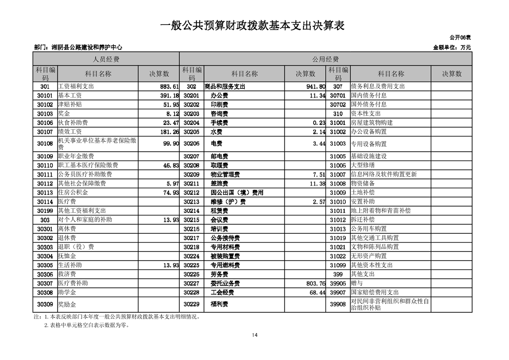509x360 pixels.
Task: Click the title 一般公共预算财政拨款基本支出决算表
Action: [x=253, y=25]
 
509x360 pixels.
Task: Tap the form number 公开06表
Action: [x=460, y=37]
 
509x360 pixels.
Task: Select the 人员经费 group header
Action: [x=106, y=59]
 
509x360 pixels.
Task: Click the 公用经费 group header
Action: [x=325, y=59]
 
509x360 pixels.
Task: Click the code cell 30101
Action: [x=44, y=96]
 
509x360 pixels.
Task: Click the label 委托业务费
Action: [x=225, y=283]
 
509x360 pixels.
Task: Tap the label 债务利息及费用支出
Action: [x=378, y=87]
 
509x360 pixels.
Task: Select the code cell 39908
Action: [x=338, y=304]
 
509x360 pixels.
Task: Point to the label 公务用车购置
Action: [x=369, y=229]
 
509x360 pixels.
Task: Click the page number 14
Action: [x=254, y=335]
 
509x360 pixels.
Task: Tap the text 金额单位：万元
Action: [x=452, y=47]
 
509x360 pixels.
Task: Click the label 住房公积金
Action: [x=73, y=192]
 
